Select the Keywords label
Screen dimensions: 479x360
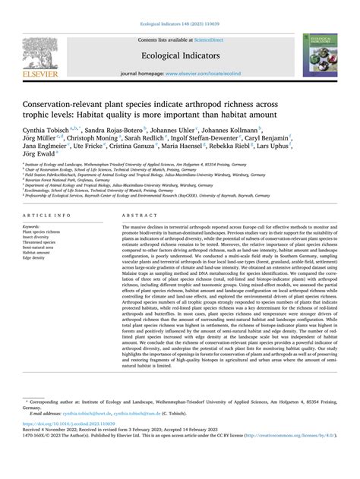31,227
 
